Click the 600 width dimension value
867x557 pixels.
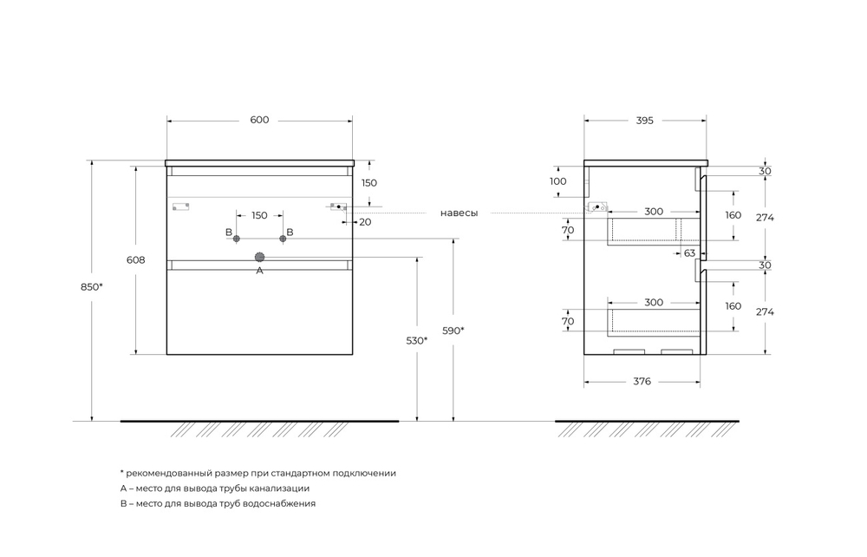[x=259, y=120]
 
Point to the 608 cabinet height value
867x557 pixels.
[x=135, y=259]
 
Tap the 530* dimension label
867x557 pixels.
[x=417, y=341]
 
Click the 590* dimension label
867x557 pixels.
[x=453, y=330]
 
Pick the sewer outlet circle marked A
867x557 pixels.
[x=259, y=257]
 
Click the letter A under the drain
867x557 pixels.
[x=258, y=271]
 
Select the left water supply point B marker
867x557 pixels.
[x=235, y=239]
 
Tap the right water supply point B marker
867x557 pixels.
[x=283, y=239]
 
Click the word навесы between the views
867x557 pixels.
[x=459, y=213]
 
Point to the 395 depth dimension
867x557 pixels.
[x=643, y=120]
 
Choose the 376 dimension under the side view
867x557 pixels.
[x=642, y=381]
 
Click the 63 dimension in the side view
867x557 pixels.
[x=689, y=253]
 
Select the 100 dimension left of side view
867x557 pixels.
[x=557, y=181]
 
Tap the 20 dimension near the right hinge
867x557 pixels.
[x=365, y=222]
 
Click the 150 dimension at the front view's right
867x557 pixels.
[x=369, y=183]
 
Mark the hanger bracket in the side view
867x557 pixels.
[x=597, y=207]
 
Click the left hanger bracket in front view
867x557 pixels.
[x=180, y=206]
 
